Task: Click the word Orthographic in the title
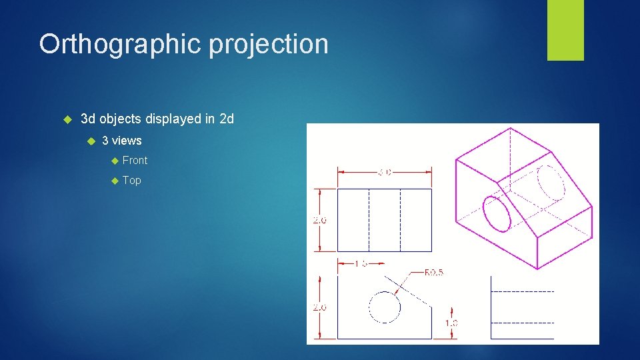pos(120,45)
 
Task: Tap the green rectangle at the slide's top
pos(565,30)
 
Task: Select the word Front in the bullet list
pos(135,160)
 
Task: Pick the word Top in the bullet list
pos(132,180)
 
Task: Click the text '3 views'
pos(121,141)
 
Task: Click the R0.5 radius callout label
pos(434,273)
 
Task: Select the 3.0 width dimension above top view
pos(385,171)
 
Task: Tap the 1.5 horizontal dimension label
pos(361,264)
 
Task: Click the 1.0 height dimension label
pos(451,323)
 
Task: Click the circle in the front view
pos(385,307)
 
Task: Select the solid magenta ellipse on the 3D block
pos(497,213)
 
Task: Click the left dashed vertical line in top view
pos(370,220)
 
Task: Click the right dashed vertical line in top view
pos(401,220)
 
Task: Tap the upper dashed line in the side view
pos(522,291)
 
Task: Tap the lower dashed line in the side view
pos(522,323)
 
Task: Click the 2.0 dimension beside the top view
pos(320,220)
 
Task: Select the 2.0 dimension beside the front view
pos(320,307)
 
